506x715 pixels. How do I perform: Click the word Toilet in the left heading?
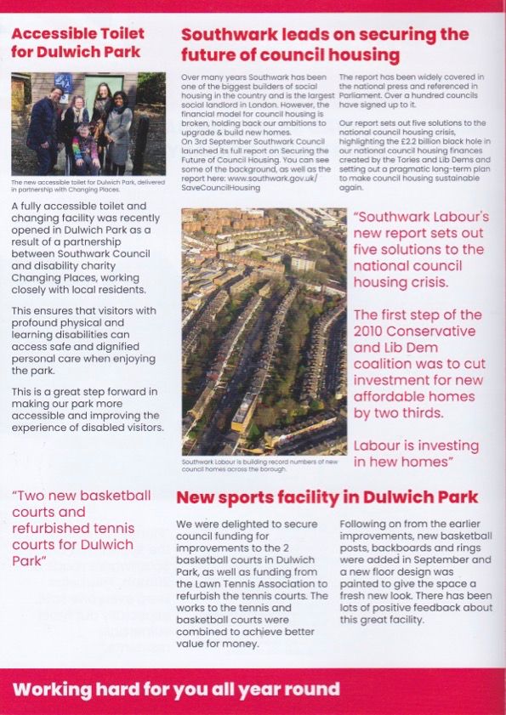pos(118,34)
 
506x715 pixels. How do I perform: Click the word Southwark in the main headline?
pos(225,35)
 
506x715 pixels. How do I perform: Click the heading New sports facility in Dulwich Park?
pos(327,497)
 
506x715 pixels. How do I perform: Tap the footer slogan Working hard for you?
pos(175,689)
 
